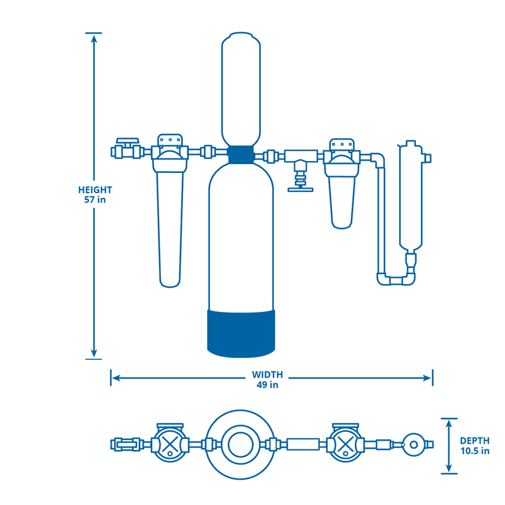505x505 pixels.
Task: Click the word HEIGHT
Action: [x=95, y=189]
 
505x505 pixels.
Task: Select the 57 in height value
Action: [x=95, y=199]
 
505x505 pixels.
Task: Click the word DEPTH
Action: [x=474, y=441]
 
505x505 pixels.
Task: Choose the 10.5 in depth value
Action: [x=474, y=451]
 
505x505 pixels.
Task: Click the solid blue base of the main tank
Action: [x=242, y=331]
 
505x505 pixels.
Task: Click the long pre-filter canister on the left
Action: [x=169, y=227]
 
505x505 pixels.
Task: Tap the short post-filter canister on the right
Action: [x=341, y=199]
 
